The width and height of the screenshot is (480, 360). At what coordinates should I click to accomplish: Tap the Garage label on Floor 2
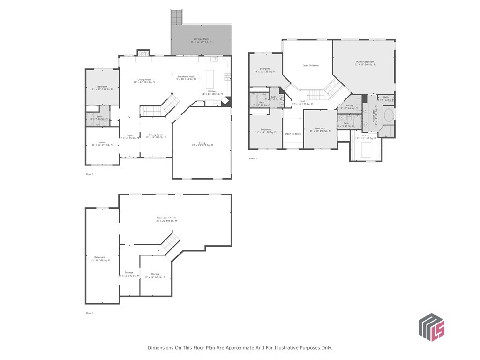coord(202,144)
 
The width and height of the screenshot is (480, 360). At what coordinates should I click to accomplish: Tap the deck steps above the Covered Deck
coord(176,17)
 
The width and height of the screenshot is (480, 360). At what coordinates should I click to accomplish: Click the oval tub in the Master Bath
coord(388,116)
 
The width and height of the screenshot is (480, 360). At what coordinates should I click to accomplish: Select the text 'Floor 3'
coord(253,158)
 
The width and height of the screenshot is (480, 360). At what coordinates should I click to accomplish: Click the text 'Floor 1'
coord(90,313)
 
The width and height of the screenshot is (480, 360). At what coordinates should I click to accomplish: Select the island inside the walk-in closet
coord(366,150)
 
